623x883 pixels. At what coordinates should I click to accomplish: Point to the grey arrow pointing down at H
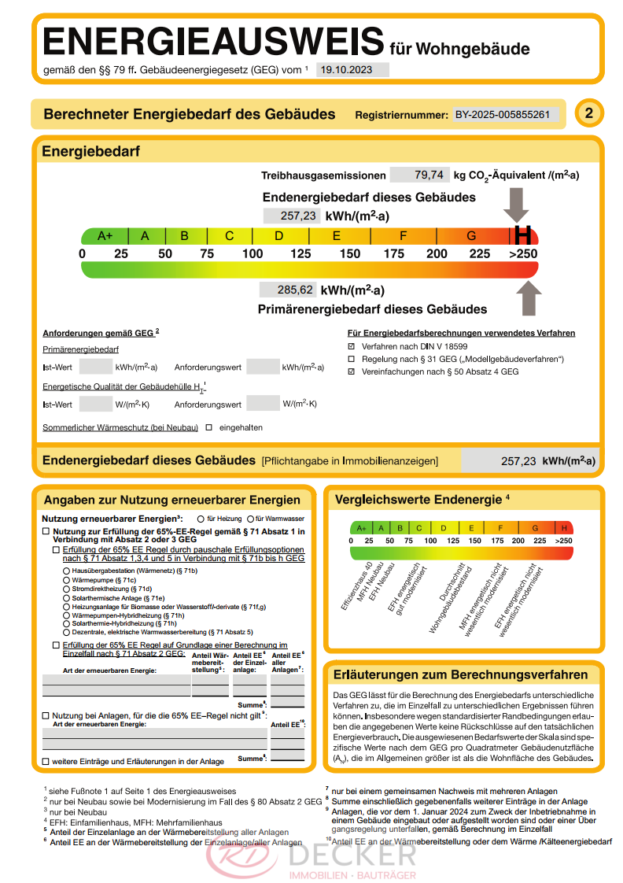(517, 205)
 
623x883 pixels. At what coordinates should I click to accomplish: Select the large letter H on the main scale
(522, 235)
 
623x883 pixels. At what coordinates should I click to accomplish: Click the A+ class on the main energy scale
(105, 235)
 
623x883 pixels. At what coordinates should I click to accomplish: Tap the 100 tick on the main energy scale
(253, 254)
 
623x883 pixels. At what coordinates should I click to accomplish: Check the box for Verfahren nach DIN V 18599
(352, 346)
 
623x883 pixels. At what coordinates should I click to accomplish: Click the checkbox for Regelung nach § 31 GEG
(352, 359)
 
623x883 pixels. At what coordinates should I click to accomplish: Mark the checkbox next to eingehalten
(209, 427)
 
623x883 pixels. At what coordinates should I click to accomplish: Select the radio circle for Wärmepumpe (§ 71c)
(66, 579)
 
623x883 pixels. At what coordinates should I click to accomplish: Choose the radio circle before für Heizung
(201, 519)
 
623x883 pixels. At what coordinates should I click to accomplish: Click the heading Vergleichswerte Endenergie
(418, 499)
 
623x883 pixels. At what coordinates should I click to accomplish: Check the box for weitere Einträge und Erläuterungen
(46, 761)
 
